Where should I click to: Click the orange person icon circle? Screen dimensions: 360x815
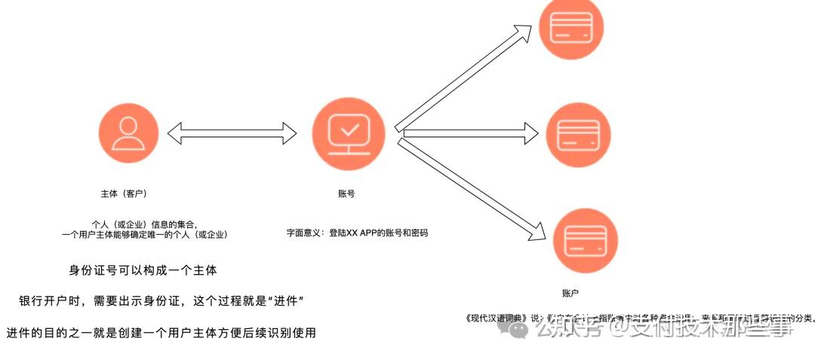pos(128,134)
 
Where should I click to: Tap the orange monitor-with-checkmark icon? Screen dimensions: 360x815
pos(348,134)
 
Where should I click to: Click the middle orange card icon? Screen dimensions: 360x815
pos(577,134)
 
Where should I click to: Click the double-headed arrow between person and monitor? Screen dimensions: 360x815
pos(231,134)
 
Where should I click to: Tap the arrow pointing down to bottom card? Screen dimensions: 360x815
pos(472,189)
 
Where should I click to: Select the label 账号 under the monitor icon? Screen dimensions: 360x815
pos(346,194)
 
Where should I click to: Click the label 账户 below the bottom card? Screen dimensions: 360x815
pos(570,293)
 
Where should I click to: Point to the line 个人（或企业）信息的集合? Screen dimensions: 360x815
pos(144,224)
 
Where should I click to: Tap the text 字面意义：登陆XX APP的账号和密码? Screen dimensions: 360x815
pos(357,233)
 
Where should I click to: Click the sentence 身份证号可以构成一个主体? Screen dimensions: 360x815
pos(143,270)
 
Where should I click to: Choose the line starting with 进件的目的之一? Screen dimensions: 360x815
pos(161,332)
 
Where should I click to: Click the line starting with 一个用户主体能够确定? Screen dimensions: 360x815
pos(144,235)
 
